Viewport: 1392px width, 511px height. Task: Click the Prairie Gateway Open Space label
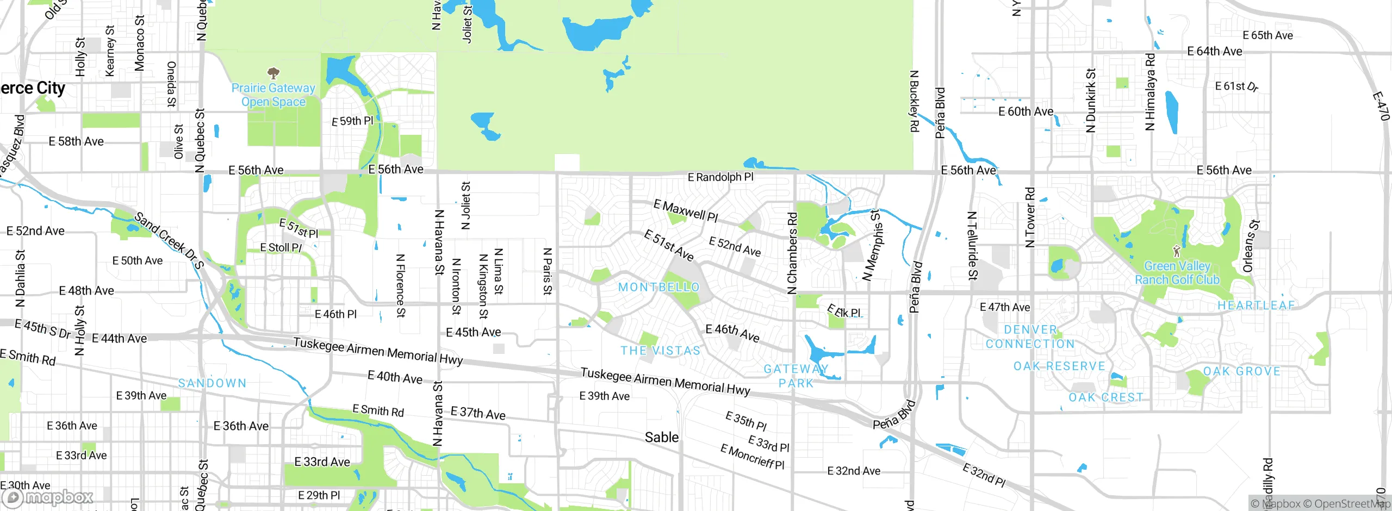pyautogui.click(x=273, y=95)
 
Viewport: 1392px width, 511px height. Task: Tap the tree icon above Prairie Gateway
pyautogui.click(x=274, y=73)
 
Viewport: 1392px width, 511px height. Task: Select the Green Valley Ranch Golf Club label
pyautogui.click(x=1177, y=273)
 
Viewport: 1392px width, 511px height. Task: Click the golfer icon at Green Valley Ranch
pyautogui.click(x=1177, y=251)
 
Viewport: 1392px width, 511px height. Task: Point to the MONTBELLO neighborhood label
pyautogui.click(x=658, y=287)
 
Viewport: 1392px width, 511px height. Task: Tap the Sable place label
pyautogui.click(x=661, y=437)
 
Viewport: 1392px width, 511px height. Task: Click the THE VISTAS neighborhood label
pyautogui.click(x=661, y=351)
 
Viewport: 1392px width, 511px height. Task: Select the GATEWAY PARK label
pyautogui.click(x=796, y=376)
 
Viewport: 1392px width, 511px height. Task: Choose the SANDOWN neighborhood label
pyautogui.click(x=212, y=383)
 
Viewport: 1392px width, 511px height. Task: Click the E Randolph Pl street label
pyautogui.click(x=720, y=177)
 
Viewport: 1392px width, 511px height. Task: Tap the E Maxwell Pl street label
pyautogui.click(x=686, y=211)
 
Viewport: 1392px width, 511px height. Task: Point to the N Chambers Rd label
pyautogui.click(x=792, y=253)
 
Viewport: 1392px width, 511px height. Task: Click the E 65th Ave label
pyautogui.click(x=1267, y=35)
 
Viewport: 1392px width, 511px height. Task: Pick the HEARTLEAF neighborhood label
pyautogui.click(x=1256, y=306)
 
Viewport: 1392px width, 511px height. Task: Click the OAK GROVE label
pyautogui.click(x=1241, y=371)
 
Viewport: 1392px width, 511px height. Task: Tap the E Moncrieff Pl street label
pyautogui.click(x=752, y=457)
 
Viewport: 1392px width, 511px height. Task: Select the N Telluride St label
pyautogui.click(x=972, y=246)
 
